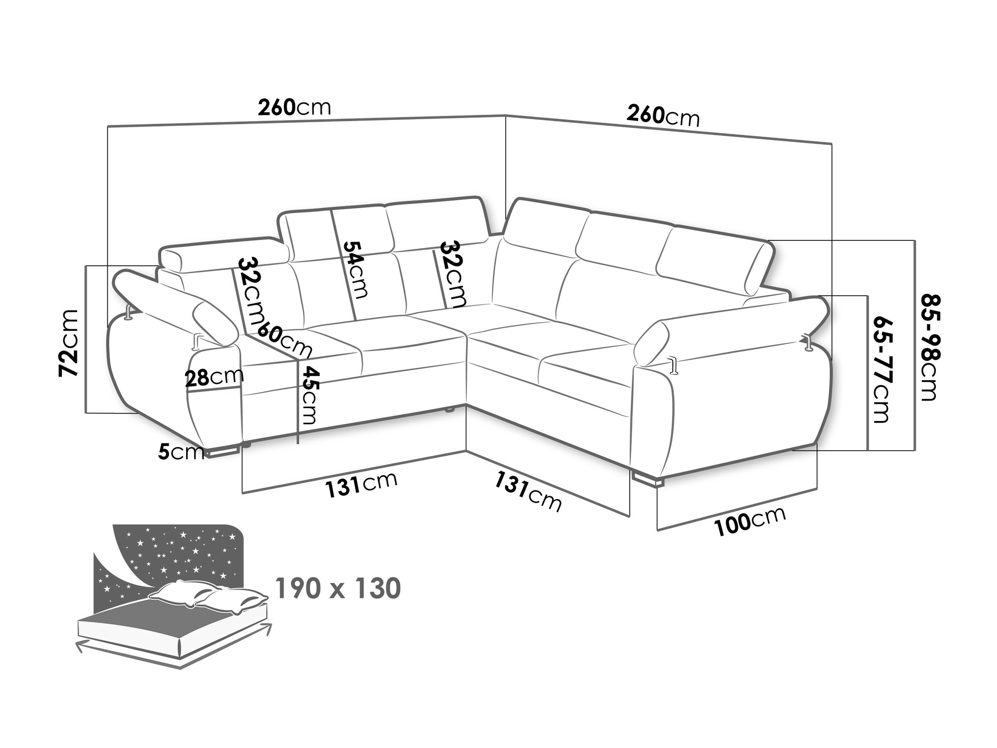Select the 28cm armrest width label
214,377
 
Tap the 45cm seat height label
310,395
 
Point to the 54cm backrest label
355,270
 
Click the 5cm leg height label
181,451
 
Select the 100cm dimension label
750,521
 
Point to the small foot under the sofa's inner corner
449,409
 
